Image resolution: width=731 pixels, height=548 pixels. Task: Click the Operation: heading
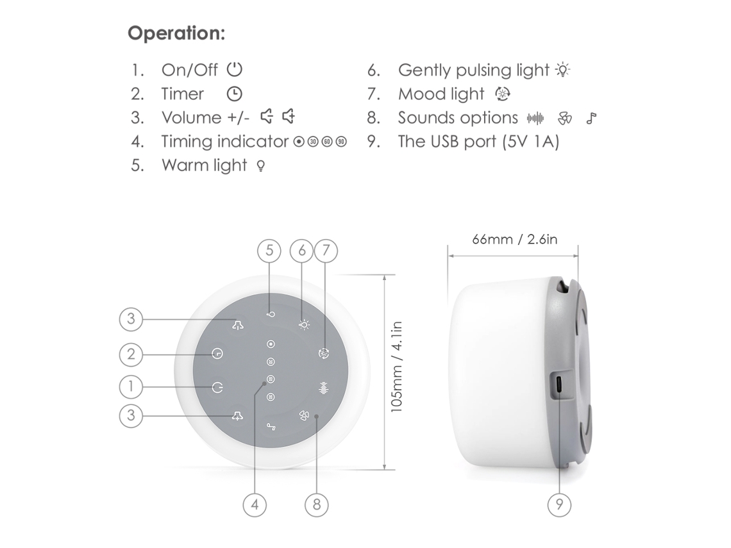pos(176,33)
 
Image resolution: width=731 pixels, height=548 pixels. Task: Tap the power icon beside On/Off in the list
pos(235,69)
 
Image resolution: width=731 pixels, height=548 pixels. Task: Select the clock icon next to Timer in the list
pos(235,94)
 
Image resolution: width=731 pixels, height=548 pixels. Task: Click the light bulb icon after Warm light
pos(261,165)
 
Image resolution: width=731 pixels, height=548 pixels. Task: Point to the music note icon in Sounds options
pos(592,119)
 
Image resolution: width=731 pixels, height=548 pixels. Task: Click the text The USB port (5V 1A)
pos(478,141)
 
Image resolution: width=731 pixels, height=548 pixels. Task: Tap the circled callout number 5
pos(269,251)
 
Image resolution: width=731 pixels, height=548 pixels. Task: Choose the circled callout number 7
pos(326,251)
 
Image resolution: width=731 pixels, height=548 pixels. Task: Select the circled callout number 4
pos(255,504)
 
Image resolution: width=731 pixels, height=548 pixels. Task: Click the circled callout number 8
pos(317,504)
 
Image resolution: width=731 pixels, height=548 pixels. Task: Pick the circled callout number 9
pos(559,504)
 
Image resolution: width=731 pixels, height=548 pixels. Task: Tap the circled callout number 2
pos(131,354)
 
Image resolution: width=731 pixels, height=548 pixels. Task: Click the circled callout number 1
pos(131,386)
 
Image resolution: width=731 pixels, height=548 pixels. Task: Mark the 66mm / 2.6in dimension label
pos(515,240)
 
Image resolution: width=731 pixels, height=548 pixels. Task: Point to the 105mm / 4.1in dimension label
pos(396,367)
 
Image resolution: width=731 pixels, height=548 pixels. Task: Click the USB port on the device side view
pos(559,385)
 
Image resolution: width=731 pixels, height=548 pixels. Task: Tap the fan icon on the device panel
pos(304,416)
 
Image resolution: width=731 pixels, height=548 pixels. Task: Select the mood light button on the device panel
pos(324,354)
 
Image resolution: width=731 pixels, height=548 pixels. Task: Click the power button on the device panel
pos(218,386)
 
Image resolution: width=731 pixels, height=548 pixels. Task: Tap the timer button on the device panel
pos(217,354)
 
